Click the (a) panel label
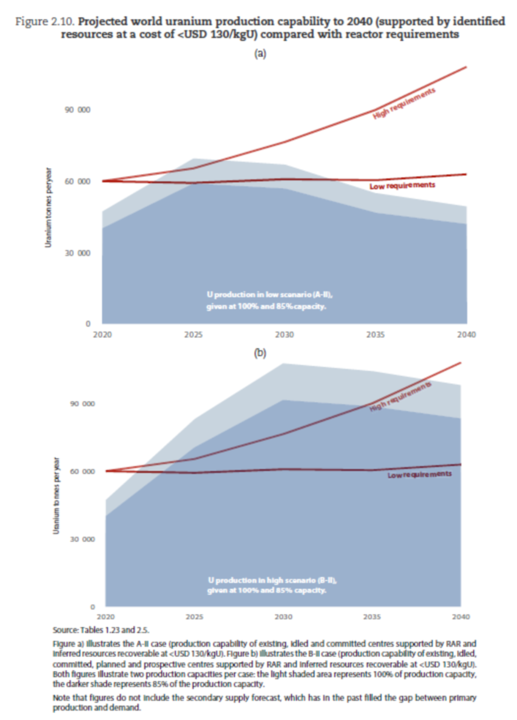pos(260,53)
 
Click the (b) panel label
pos(260,353)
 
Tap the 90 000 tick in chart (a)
pos(78,110)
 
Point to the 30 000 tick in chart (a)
pos(78,253)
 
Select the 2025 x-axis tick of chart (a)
pos(193,335)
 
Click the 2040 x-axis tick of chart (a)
pos(466,335)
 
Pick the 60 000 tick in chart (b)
pos(82,472)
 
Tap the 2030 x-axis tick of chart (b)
pos(283,617)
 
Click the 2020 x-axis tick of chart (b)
pos(106,617)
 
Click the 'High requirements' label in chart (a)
pos(404,103)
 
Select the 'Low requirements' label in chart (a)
pos(402,186)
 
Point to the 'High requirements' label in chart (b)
pos(400,396)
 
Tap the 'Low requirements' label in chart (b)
pos(419,474)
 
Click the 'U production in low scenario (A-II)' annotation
pos(269,295)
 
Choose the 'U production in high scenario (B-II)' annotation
pos(272,580)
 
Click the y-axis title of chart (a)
pos(48,207)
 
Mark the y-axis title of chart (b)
pos(56,495)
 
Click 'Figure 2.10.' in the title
pos(45,22)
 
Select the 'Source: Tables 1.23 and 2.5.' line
pos(101,630)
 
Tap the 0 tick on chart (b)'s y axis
pos(92,607)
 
